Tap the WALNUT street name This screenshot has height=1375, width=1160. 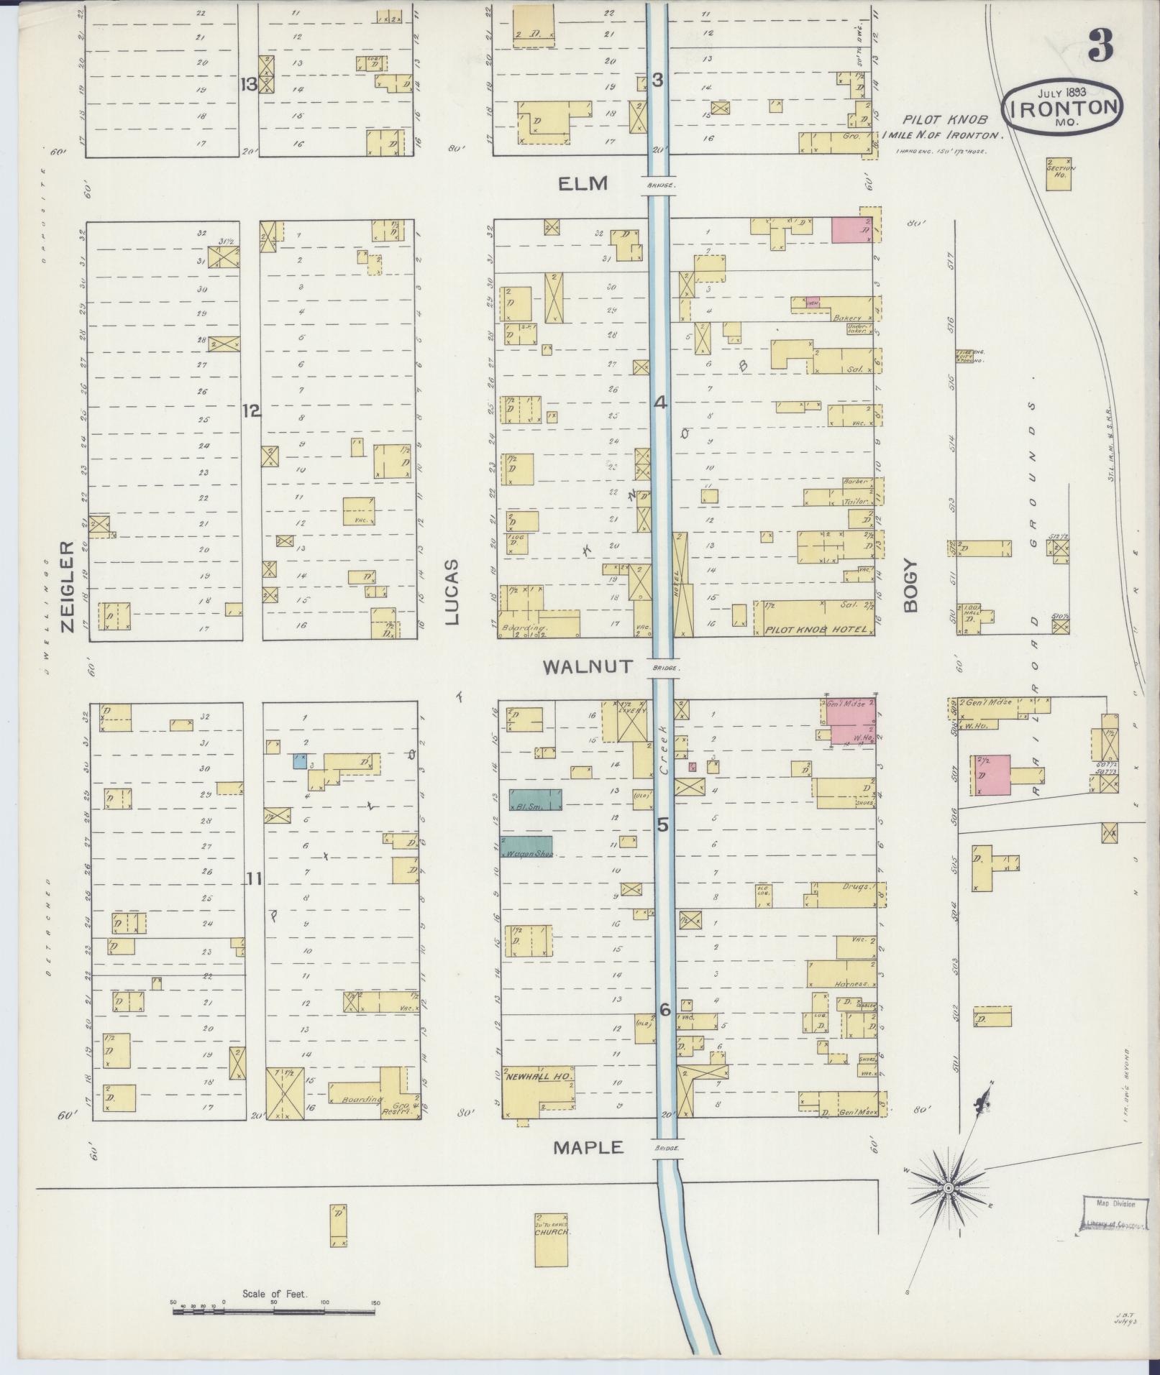pos(588,666)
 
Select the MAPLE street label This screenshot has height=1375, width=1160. pos(588,1148)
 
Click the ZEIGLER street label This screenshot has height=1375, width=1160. pos(68,586)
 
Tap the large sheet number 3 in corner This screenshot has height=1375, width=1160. pos(1100,45)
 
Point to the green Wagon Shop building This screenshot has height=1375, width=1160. pos(531,847)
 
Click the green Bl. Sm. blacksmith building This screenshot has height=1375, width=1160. pos(535,800)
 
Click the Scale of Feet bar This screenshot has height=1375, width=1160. pos(273,1312)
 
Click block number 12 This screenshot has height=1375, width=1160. pos(251,411)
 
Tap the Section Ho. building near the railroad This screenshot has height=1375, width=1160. pos(1059,173)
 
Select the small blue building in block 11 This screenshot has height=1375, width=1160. pos(300,760)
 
